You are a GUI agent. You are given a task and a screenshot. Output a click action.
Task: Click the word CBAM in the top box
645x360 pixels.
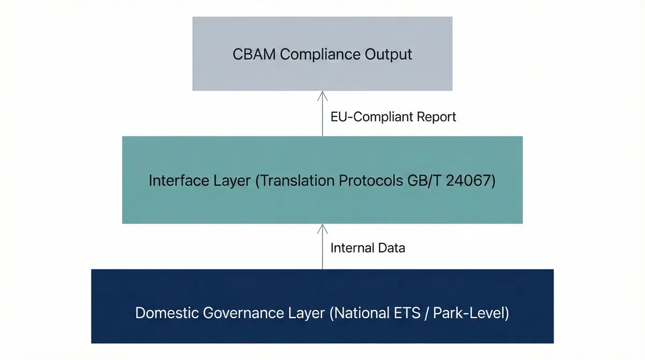[254, 54]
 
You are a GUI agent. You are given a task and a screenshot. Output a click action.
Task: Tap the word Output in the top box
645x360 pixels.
[389, 54]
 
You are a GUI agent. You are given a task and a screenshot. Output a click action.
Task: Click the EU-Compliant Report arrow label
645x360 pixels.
[393, 117]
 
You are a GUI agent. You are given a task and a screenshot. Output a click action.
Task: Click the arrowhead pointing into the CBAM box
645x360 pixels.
[322, 96]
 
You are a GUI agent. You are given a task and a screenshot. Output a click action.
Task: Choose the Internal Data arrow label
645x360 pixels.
[368, 248]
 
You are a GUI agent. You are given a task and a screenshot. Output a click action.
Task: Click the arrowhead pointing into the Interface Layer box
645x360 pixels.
[322, 229]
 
